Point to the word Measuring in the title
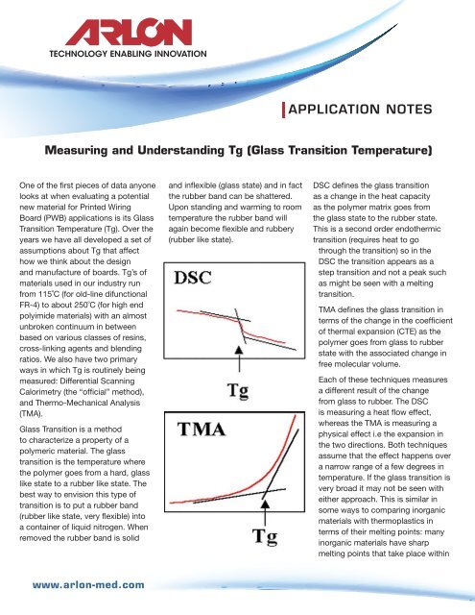[85, 152]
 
